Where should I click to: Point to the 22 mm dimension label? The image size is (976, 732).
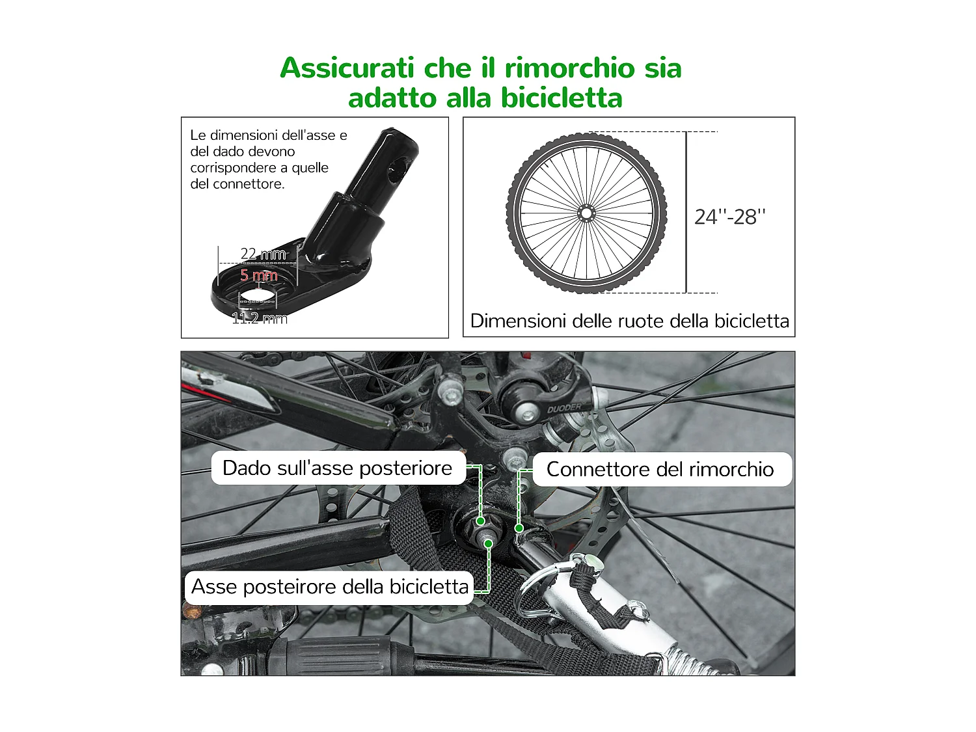click(x=263, y=254)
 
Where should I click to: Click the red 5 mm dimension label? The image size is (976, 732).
click(x=259, y=275)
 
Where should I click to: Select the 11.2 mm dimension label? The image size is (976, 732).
click(x=260, y=318)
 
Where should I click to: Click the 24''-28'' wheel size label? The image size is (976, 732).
click(x=729, y=217)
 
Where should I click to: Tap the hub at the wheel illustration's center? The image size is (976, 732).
click(x=586, y=213)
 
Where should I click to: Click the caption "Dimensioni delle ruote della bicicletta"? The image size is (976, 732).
click(x=629, y=321)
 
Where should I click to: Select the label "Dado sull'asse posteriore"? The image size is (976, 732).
click(x=337, y=468)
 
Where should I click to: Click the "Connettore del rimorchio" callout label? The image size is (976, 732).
click(x=660, y=470)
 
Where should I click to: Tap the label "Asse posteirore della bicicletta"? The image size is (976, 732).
click(x=329, y=587)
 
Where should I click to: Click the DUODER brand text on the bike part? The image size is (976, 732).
click(x=564, y=408)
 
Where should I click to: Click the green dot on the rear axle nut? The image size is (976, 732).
click(x=480, y=521)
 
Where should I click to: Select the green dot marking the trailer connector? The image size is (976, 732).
click(x=519, y=528)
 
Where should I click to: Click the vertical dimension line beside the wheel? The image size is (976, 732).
click(x=686, y=212)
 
